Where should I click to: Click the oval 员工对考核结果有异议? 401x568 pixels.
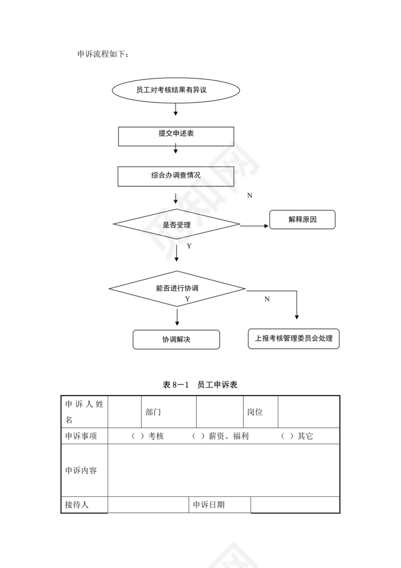coord(176,90)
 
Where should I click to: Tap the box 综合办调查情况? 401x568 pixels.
coord(176,176)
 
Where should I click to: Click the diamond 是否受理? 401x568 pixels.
coord(176,224)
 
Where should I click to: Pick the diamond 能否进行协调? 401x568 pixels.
coord(177,288)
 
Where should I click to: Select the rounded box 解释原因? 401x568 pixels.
coord(302,219)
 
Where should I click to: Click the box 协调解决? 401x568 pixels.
coord(176,340)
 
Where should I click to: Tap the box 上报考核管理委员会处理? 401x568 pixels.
coord(294,339)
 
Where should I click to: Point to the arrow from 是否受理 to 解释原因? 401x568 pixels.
coord(254,225)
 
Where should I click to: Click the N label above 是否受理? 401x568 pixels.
coord(250,195)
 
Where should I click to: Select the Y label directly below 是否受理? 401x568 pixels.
coord(189,246)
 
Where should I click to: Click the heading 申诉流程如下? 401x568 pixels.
coord(103,54)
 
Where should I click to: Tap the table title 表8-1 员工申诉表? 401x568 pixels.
coord(200,385)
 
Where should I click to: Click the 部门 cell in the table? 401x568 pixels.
coord(153,412)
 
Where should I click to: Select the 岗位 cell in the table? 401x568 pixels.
coord(255,412)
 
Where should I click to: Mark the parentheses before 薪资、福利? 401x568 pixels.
coord(198,436)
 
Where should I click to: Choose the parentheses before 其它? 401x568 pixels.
coord(287,436)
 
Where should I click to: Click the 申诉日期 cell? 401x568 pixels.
coord(209,505)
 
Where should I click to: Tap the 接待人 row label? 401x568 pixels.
coord(77,505)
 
